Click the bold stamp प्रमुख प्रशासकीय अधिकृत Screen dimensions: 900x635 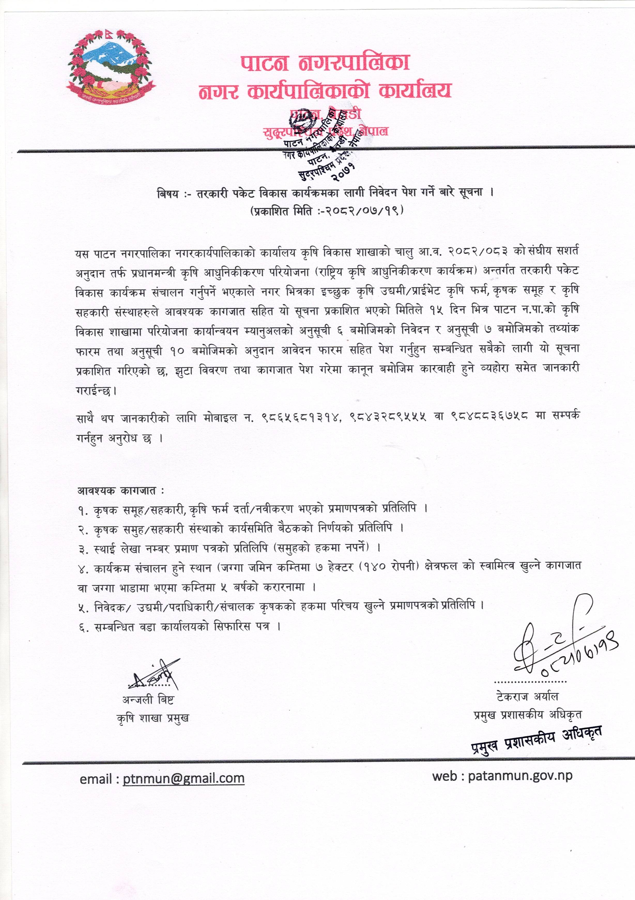(x=537, y=739)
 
